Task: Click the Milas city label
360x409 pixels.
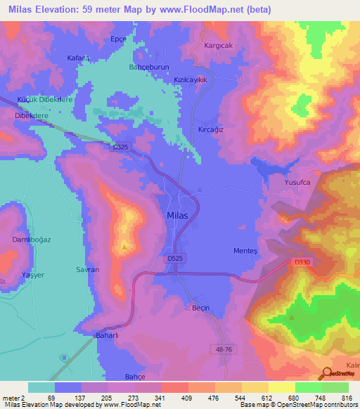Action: click(177, 216)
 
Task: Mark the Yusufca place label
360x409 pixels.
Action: click(297, 182)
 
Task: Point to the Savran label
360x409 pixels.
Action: click(87, 269)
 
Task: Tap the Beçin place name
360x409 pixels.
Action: click(181, 307)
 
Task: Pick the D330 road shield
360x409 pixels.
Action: click(300, 262)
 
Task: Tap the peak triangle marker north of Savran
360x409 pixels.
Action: click(124, 247)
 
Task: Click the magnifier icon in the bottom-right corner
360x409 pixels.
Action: click(327, 375)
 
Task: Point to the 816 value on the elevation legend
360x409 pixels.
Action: click(346, 398)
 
